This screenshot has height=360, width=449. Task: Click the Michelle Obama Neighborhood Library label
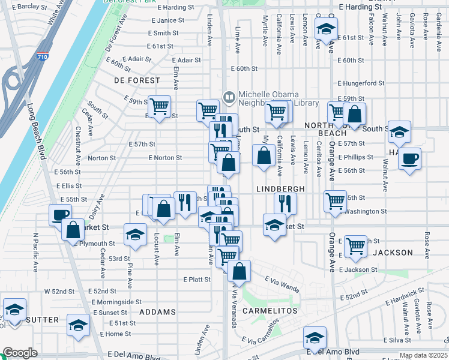click(x=279, y=98)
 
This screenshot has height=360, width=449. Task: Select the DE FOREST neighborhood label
click(x=137, y=80)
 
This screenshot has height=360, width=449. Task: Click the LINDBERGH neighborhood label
click(x=281, y=188)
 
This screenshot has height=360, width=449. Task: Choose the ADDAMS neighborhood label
click(x=157, y=312)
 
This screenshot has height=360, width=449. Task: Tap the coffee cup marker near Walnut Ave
click(x=409, y=159)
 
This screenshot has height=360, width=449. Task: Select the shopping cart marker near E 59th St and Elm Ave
click(x=159, y=107)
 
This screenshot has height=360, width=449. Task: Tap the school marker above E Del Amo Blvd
click(x=315, y=338)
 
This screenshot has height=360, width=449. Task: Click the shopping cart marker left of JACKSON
click(x=356, y=245)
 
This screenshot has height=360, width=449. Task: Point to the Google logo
click(x=20, y=353)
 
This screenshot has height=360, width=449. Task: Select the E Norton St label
click(x=164, y=158)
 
